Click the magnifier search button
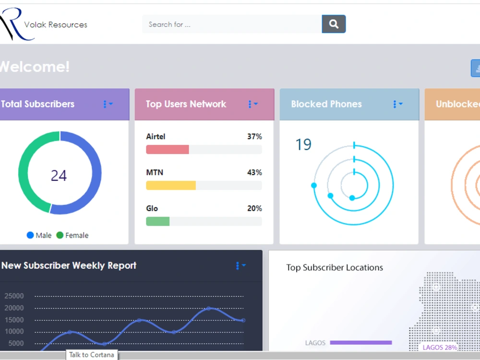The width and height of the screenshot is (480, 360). [x=334, y=24]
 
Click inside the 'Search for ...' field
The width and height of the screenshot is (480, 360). [x=232, y=24]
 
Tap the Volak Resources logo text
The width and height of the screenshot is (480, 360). [x=56, y=24]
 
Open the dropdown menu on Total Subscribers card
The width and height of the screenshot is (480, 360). [x=108, y=104]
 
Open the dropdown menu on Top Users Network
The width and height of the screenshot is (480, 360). [x=253, y=104]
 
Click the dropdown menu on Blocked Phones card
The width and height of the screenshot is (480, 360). [x=397, y=104]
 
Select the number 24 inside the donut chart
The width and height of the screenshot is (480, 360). [x=59, y=175]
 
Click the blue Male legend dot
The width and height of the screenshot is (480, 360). [x=30, y=235]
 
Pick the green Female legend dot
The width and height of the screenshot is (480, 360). [x=60, y=235]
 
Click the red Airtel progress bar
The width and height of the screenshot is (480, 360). [x=168, y=149]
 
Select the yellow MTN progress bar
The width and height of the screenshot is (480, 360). [x=171, y=185]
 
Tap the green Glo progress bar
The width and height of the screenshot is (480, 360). [x=157, y=221]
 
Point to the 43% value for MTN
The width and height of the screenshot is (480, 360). [x=254, y=172]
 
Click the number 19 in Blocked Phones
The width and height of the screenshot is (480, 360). [x=303, y=144]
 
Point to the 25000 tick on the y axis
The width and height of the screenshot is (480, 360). [x=14, y=296]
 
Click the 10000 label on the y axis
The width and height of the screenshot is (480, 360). [x=14, y=332]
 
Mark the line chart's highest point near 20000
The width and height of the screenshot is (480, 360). [x=209, y=308]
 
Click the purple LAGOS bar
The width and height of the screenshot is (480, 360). [x=361, y=343]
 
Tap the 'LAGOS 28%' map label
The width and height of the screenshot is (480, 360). [x=440, y=347]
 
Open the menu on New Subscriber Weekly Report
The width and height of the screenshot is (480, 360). [x=240, y=266]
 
